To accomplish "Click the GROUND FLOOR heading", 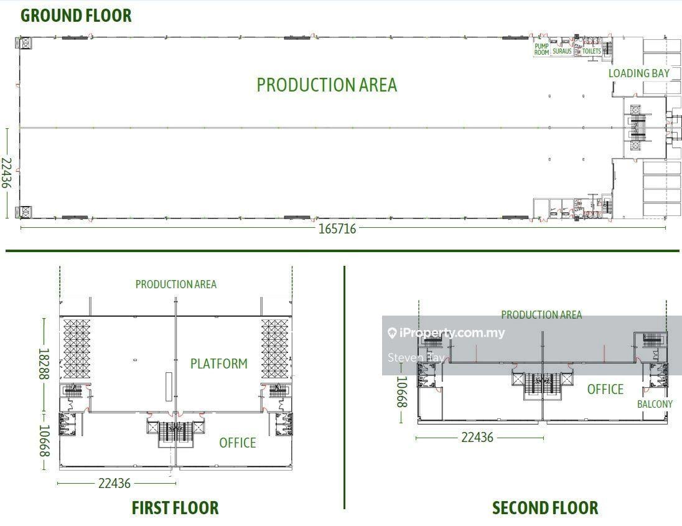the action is coord(76,15).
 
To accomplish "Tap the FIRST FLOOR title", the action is coord(175,508).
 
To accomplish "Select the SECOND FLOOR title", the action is coord(545,508).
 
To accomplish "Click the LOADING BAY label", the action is coord(638,73).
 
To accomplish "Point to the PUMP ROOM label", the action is coord(541,49).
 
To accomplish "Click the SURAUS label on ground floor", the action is coord(562,51).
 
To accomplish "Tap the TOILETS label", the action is coord(592,51).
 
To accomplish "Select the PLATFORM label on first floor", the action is coord(219,364).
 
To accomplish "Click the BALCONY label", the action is coord(655,404).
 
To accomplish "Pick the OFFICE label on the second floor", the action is coord(605,389).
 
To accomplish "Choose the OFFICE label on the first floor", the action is coord(238,443).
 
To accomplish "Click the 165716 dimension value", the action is coord(337,228).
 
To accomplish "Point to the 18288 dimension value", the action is coord(44,364).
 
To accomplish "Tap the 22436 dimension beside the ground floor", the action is coord(6,172).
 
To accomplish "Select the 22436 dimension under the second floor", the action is coord(477,437).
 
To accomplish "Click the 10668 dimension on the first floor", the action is coord(45,441).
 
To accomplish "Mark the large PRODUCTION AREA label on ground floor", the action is coord(327,85).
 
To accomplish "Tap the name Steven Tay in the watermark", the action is coord(416,358).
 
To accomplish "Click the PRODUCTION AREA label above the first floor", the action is coord(175,284).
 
